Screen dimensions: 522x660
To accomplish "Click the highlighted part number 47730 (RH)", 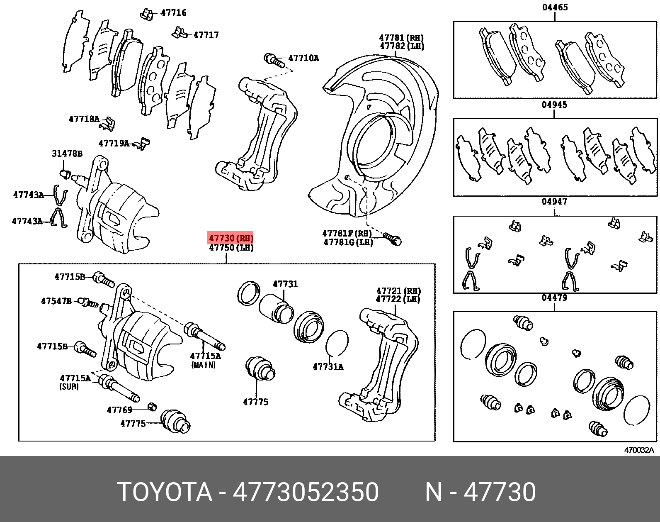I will (231, 238).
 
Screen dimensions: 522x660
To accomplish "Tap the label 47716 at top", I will (173, 12).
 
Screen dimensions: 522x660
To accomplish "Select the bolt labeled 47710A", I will (273, 60).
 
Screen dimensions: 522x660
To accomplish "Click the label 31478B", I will (67, 154).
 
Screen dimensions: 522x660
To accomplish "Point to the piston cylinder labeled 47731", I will (277, 309).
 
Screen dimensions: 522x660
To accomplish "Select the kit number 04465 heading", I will (555, 7).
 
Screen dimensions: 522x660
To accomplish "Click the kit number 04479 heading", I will (554, 298).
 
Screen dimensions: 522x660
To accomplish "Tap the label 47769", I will (119, 410).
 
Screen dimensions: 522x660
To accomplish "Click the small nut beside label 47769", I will (152, 406).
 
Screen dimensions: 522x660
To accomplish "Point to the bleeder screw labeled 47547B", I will (88, 302).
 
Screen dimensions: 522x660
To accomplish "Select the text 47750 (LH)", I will (231, 248).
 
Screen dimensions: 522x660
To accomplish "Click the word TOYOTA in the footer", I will (165, 492).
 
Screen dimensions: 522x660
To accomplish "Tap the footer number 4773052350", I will (306, 492).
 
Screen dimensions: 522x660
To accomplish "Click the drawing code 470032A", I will (638, 450).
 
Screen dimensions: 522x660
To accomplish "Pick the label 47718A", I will (84, 119).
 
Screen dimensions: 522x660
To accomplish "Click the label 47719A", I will (114, 143).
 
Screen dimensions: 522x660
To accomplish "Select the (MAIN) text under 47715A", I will (203, 365).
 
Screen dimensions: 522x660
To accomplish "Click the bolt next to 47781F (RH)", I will (393, 239).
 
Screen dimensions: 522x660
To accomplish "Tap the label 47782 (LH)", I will (402, 46).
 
